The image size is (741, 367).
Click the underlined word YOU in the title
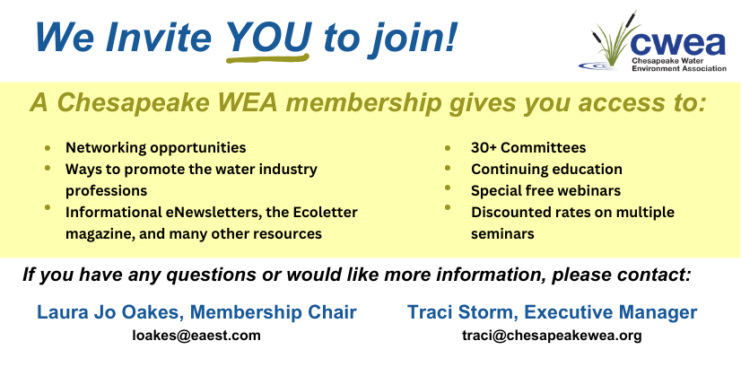point(268,37)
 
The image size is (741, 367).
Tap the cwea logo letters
point(677,44)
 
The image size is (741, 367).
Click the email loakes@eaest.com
point(196,336)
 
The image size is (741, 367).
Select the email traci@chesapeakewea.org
point(552,336)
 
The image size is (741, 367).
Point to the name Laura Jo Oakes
point(108,312)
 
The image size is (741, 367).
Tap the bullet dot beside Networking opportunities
point(48,148)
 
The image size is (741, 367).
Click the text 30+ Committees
point(528,147)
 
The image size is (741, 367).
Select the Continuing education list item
point(546,169)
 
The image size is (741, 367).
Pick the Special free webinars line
point(545,190)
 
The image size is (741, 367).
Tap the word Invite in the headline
point(159,37)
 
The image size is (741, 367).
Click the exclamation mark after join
point(450,37)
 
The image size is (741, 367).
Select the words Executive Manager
point(611,312)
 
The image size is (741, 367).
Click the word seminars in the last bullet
point(502,233)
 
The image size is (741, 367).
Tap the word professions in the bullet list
point(107,191)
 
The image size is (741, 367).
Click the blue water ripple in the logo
point(597,66)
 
